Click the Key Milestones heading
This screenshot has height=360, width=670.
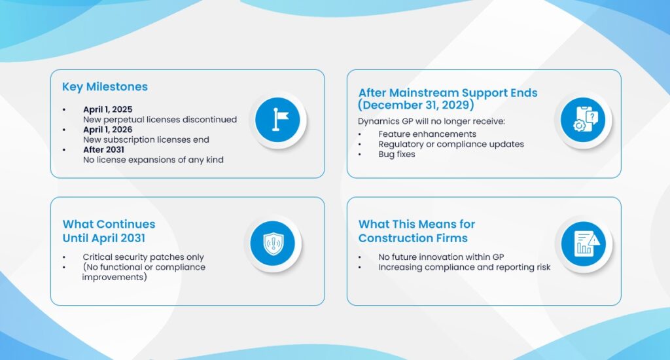pyautogui.click(x=105, y=87)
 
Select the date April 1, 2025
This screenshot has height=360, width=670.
pyautogui.click(x=108, y=109)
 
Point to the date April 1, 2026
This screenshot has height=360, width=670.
pyautogui.click(x=108, y=130)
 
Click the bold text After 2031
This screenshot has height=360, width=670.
pyautogui.click(x=103, y=150)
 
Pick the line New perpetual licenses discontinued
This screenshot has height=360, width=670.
pyautogui.click(x=160, y=120)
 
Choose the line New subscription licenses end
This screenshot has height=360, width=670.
pyautogui.click(x=146, y=140)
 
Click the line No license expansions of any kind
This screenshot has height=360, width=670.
pyautogui.click(x=153, y=160)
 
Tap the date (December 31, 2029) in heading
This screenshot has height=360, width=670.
pyautogui.click(x=416, y=105)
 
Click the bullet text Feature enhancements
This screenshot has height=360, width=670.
pyautogui.click(x=427, y=134)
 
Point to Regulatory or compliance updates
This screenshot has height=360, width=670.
pyautogui.click(x=451, y=145)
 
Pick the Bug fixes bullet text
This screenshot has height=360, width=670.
pyautogui.click(x=397, y=154)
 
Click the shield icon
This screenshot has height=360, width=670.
pyautogui.click(x=273, y=243)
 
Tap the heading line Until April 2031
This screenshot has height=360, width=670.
pyautogui.click(x=104, y=238)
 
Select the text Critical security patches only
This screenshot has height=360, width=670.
pyautogui.click(x=143, y=257)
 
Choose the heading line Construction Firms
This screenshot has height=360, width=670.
pyautogui.click(x=413, y=238)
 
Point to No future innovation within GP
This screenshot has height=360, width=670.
pyautogui.click(x=441, y=257)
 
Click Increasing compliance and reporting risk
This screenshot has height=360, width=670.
pyautogui.click(x=464, y=267)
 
